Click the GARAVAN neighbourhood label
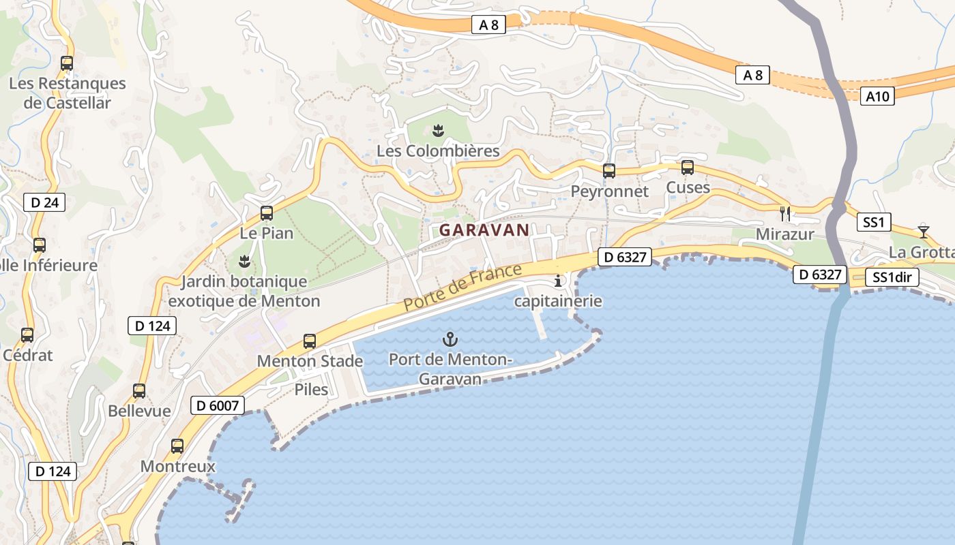tap(484, 230)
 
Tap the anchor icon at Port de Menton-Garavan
tap(450, 339)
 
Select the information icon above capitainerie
tap(559, 281)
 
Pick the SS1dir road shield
tap(892, 277)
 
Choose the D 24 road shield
tap(44, 202)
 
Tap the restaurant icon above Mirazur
tap(785, 213)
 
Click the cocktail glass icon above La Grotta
tap(923, 230)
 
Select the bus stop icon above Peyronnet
tap(609, 171)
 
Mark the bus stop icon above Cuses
tap(688, 168)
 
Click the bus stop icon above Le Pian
tap(267, 213)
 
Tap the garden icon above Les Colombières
tap(439, 131)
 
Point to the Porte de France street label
tap(463, 287)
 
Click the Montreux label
tap(177, 467)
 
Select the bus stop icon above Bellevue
tap(139, 391)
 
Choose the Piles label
tap(311, 390)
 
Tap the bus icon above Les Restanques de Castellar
tap(67, 63)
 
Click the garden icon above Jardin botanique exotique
tap(244, 261)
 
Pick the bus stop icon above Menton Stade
tap(310, 341)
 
